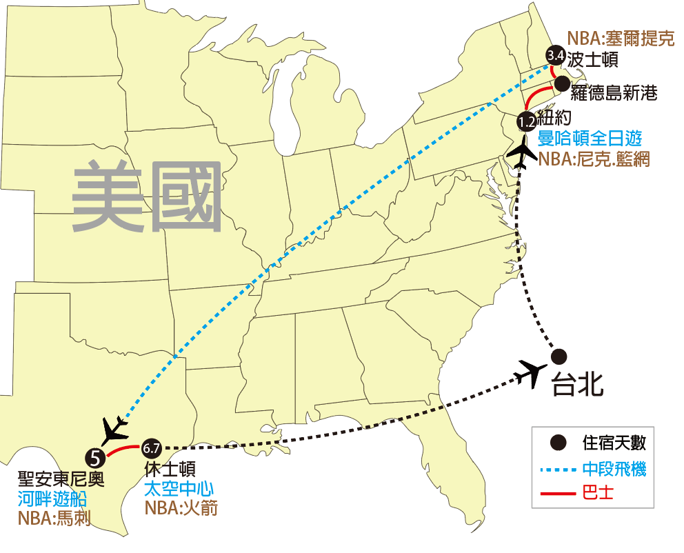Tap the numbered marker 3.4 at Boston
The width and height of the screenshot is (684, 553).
point(555,55)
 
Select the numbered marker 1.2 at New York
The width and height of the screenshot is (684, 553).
point(527,122)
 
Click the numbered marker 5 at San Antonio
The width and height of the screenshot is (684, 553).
point(95,455)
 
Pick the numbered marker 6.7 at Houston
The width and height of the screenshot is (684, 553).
point(151,448)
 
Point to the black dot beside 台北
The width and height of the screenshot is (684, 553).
point(559,356)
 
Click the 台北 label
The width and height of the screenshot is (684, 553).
point(577,385)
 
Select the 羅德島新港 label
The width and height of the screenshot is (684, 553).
point(614,92)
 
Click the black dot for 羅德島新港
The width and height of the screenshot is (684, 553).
point(562,84)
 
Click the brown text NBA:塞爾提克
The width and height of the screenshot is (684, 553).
point(620,39)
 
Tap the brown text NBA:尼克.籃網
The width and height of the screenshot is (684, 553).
point(593,160)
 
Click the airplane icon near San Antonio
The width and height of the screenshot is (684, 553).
point(112,431)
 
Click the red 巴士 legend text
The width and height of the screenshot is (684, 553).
point(598,493)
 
